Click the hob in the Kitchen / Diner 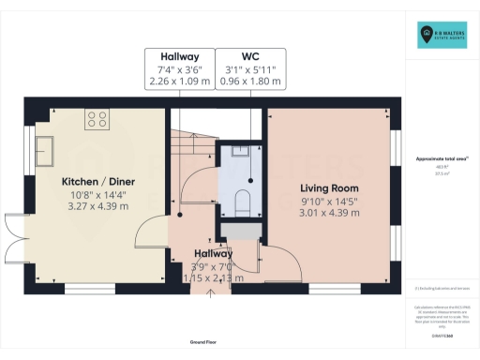[x=97, y=118]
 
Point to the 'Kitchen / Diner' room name [x=98, y=180]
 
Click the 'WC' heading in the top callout [x=249, y=55]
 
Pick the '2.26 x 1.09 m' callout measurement [x=178, y=82]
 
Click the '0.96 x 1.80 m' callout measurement [x=249, y=82]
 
